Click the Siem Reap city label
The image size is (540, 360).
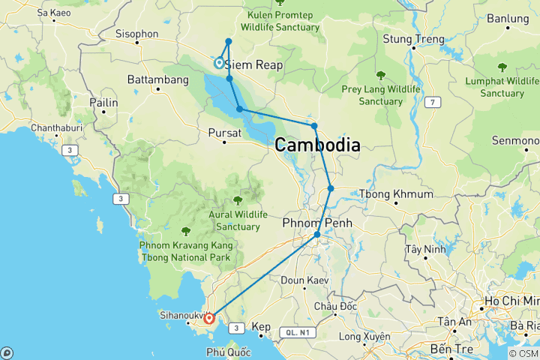click(x=253, y=65)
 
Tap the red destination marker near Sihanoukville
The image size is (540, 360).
click(x=209, y=319)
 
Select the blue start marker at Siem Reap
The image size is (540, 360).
click(x=219, y=64)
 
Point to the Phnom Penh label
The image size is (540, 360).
click(x=317, y=223)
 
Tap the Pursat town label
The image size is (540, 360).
click(x=224, y=133)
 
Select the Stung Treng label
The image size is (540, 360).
click(x=413, y=39)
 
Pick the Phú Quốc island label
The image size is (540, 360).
click(x=226, y=351)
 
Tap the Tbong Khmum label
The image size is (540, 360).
click(x=397, y=194)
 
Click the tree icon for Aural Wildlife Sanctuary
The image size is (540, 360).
click(x=238, y=199)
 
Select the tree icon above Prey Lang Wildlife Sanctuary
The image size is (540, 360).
click(x=381, y=75)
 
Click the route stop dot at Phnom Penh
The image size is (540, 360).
click(x=317, y=235)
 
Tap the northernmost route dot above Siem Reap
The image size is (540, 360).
click(x=229, y=41)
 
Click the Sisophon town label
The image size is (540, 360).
click(x=136, y=34)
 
